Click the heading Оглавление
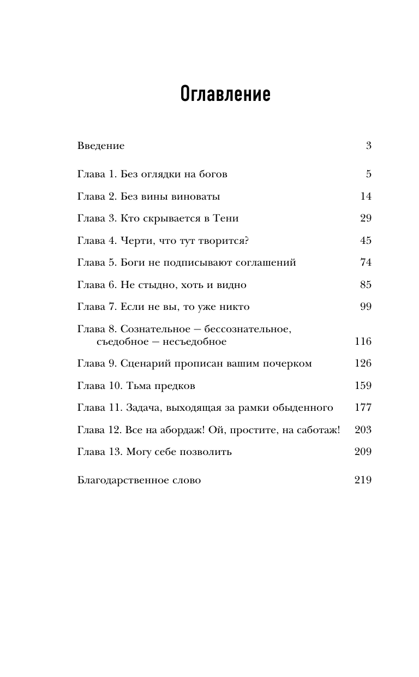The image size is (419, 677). click(225, 94)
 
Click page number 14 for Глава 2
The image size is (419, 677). click(366, 196)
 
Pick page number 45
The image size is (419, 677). click(366, 241)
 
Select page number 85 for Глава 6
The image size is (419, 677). click(366, 285)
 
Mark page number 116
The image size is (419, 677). click(363, 342)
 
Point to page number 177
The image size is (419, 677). click(363, 408)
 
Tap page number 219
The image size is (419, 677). click(363, 481)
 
